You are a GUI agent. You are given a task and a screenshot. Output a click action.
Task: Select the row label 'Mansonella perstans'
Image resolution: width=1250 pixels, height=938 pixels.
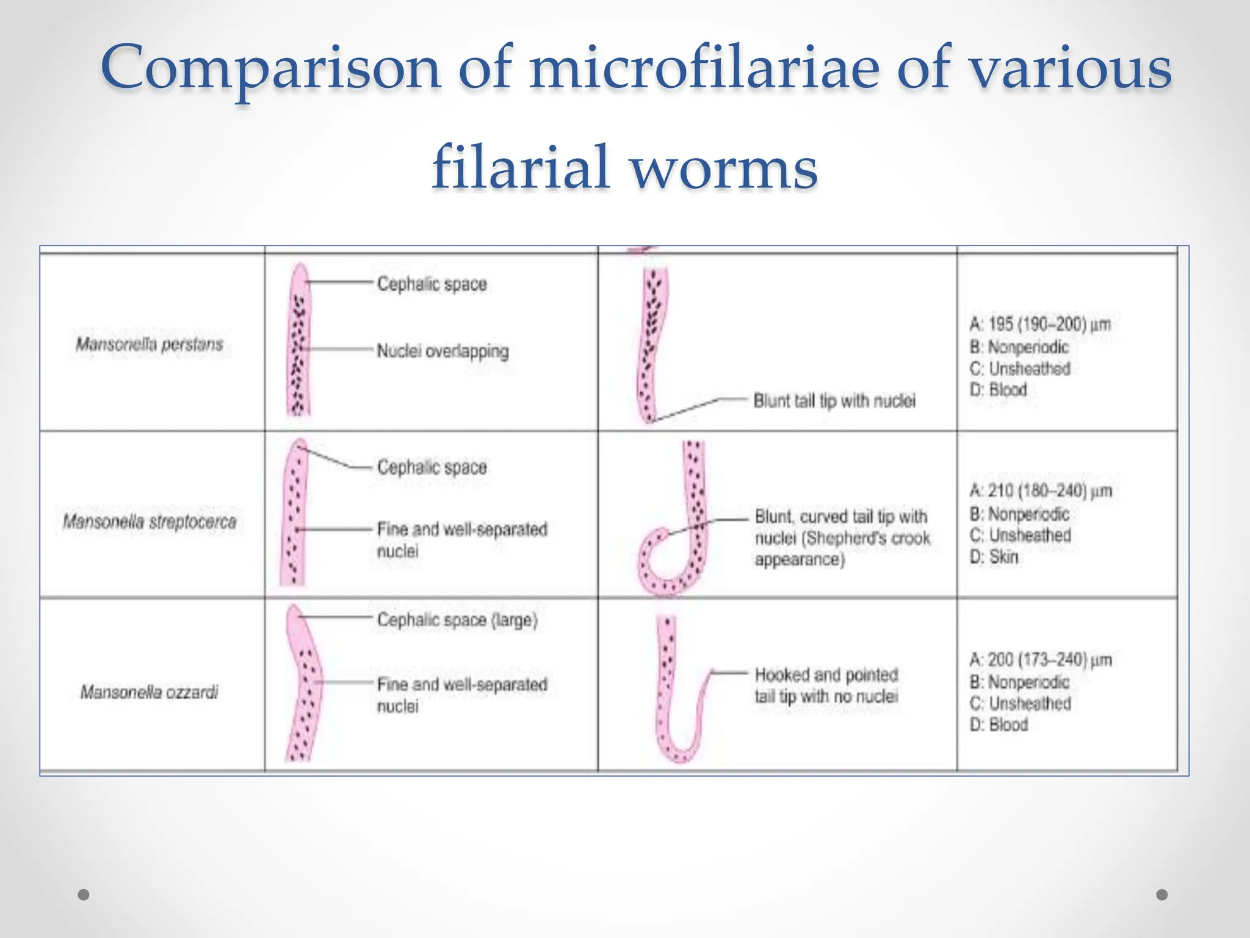click(150, 344)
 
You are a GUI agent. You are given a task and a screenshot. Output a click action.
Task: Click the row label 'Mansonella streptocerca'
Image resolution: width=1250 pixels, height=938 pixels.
click(150, 522)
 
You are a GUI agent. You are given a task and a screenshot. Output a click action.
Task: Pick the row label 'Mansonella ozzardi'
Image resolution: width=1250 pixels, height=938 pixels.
click(150, 693)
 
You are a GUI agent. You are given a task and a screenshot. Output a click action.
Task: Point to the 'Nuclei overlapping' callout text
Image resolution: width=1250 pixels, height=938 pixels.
click(443, 351)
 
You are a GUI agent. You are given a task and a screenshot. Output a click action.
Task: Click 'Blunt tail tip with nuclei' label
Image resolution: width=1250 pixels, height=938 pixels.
click(834, 401)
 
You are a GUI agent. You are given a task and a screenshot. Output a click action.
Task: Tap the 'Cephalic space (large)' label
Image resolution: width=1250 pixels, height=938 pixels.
click(457, 620)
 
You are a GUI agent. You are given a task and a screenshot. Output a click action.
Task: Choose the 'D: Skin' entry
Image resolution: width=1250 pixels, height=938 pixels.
click(994, 557)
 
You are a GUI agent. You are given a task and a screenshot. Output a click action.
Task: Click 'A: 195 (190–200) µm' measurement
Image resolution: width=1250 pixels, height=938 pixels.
click(1040, 324)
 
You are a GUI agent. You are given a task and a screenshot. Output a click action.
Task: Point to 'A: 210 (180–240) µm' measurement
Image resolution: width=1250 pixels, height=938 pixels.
click(1041, 491)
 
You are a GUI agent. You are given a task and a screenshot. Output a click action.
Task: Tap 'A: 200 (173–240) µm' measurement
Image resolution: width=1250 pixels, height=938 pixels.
click(1041, 660)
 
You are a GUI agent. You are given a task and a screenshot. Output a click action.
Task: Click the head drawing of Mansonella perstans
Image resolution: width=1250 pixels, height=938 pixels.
click(298, 340)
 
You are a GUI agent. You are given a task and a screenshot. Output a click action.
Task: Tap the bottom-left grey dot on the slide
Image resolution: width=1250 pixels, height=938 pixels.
click(84, 895)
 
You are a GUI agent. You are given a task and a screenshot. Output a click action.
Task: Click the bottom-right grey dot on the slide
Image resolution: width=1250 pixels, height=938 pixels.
click(1162, 895)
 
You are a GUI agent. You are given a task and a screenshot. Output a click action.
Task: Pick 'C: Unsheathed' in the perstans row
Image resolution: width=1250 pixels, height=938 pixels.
click(1021, 369)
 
